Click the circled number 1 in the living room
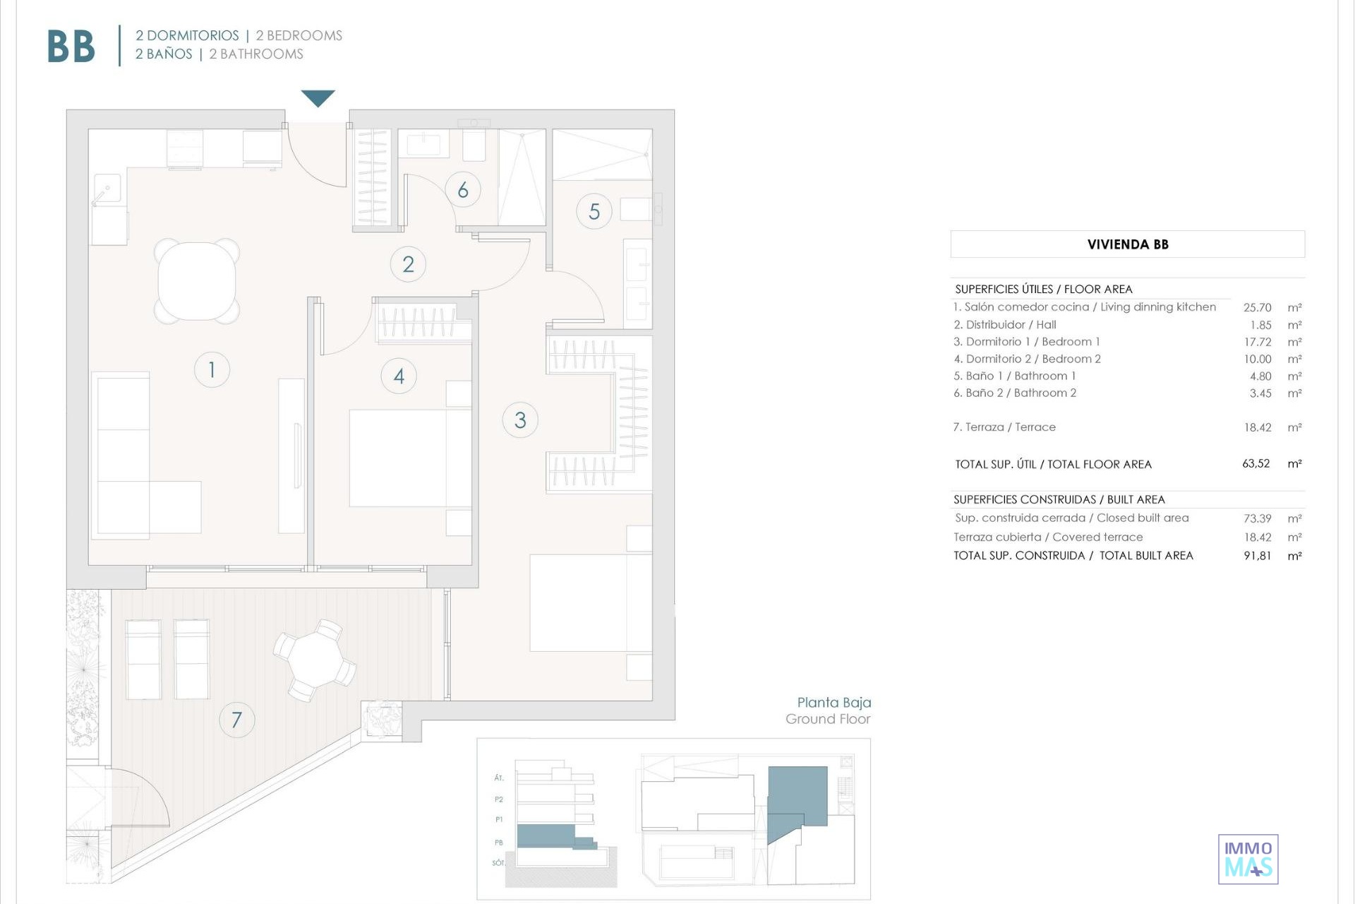tap(212, 369)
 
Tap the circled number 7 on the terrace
tap(236, 720)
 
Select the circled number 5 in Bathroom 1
tap(594, 211)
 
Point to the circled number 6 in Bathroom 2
tap(463, 189)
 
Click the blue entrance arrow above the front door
tap(318, 97)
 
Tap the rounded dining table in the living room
tap(197, 281)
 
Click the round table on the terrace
tap(315, 660)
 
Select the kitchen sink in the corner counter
tap(107, 189)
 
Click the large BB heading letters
tap(71, 47)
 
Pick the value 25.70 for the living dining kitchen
tap(1257, 308)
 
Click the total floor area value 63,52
tap(1256, 464)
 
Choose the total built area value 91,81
tap(1258, 556)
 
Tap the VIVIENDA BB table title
tap(1128, 244)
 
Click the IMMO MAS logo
tap(1248, 860)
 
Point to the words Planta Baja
tap(834, 703)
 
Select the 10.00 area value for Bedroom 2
tap(1258, 359)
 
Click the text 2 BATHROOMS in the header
tap(256, 54)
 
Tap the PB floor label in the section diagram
tap(499, 843)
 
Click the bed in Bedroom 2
tap(410, 458)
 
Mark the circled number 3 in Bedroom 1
tap(520, 420)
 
